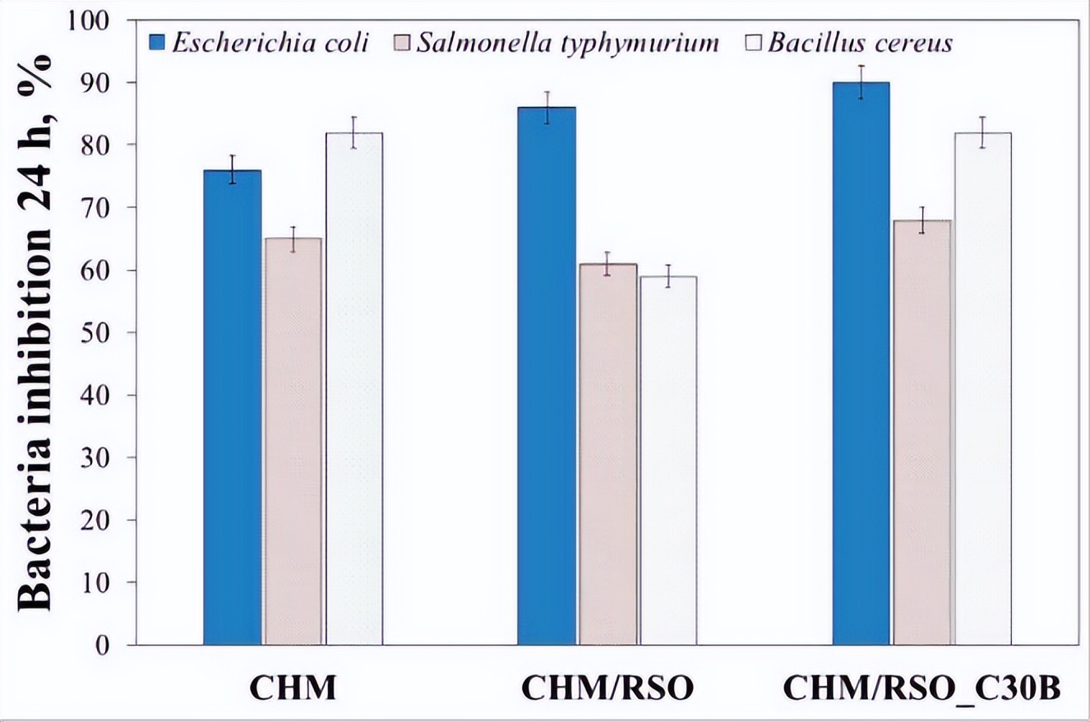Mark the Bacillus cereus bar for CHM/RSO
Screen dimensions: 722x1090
pyautogui.click(x=668, y=461)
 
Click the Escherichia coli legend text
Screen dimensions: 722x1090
pyautogui.click(x=270, y=42)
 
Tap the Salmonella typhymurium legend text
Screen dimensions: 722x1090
pyautogui.click(x=567, y=42)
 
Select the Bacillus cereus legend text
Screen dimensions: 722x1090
pyautogui.click(x=860, y=42)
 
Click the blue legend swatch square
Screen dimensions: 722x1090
pyautogui.click(x=159, y=41)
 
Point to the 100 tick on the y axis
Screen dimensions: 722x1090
pyautogui.click(x=97, y=21)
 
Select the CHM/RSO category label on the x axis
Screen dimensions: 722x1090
pyautogui.click(x=607, y=688)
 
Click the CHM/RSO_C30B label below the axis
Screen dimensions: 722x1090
pyautogui.click(x=921, y=688)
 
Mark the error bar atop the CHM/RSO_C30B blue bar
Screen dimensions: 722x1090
pyautogui.click(x=861, y=82)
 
